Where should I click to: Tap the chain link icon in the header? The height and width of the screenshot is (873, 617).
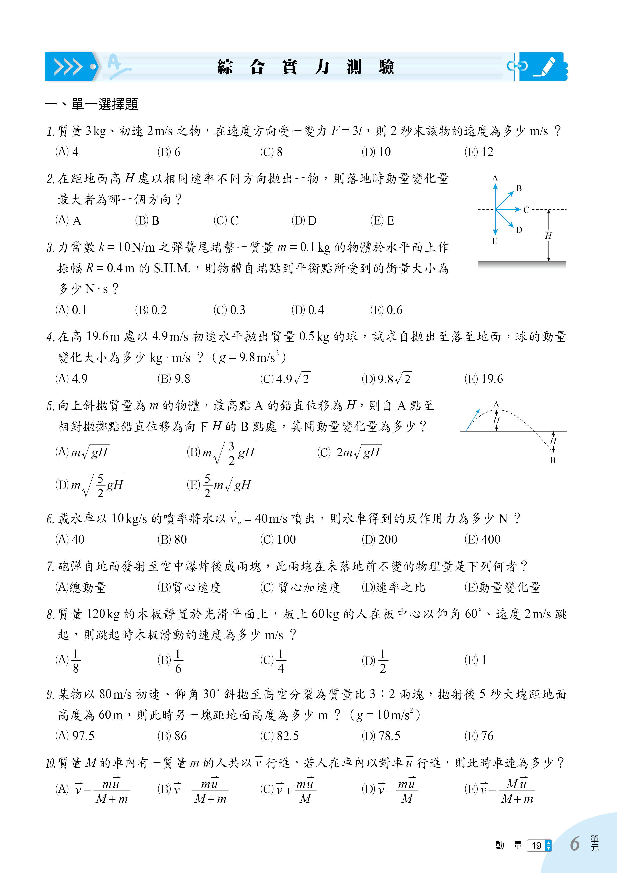click(x=517, y=66)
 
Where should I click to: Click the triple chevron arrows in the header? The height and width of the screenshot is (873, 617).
click(x=68, y=67)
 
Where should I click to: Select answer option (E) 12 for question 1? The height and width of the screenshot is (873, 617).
click(x=479, y=152)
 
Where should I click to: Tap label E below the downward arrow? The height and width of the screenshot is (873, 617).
click(x=495, y=241)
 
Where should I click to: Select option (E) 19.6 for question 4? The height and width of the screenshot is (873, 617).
click(x=484, y=379)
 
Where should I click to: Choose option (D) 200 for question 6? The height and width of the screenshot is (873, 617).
click(x=379, y=540)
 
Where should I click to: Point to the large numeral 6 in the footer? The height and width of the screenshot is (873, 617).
click(x=574, y=844)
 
